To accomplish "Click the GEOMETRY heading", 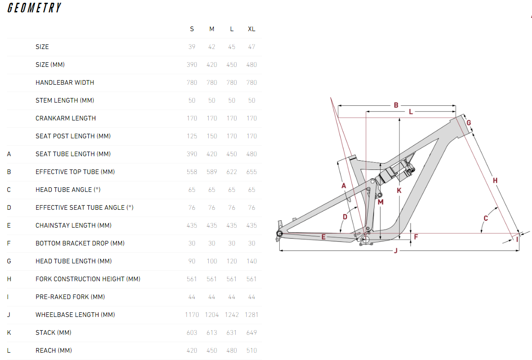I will point(34,8).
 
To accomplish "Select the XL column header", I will point(251,29).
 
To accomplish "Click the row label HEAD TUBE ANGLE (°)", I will point(65,190).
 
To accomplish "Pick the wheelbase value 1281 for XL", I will point(251,315).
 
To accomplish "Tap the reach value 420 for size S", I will point(192,350).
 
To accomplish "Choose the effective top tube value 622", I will point(232,172).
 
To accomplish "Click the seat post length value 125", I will point(192,136).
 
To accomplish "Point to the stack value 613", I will point(212,333).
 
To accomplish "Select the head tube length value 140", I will point(251,261).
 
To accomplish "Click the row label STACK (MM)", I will point(53,333).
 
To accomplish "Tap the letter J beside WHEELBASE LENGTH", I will point(9,315).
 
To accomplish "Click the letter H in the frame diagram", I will point(495,180).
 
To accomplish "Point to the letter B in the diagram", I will point(396,105).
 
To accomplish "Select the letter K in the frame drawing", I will point(399,190).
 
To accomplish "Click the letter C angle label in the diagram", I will point(486,218).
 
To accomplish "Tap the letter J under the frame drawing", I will point(396,251).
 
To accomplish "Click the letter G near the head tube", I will point(469,122).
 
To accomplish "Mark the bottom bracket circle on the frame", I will point(365,240).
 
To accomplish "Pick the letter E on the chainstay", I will point(323,237).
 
